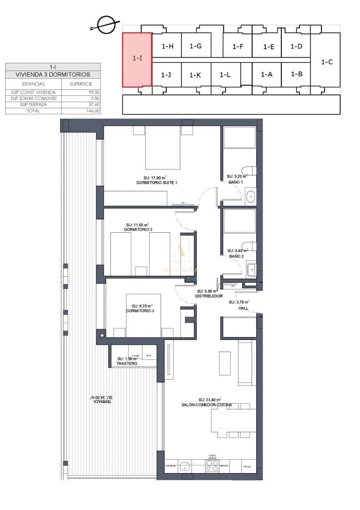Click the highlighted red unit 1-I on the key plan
[x=137, y=59]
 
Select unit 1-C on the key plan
[x=326, y=62]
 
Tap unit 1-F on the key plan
[x=238, y=46]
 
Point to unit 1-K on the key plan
[x=195, y=75]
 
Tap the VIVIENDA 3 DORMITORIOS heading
[x=53, y=74]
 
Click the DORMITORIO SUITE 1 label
[x=156, y=182]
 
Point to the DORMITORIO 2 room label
[x=138, y=229]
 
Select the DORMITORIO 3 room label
[x=140, y=311]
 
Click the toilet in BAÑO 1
[x=251, y=170]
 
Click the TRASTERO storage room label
[x=127, y=364]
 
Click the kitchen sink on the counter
[x=185, y=466]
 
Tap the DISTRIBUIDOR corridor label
[x=209, y=296]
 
